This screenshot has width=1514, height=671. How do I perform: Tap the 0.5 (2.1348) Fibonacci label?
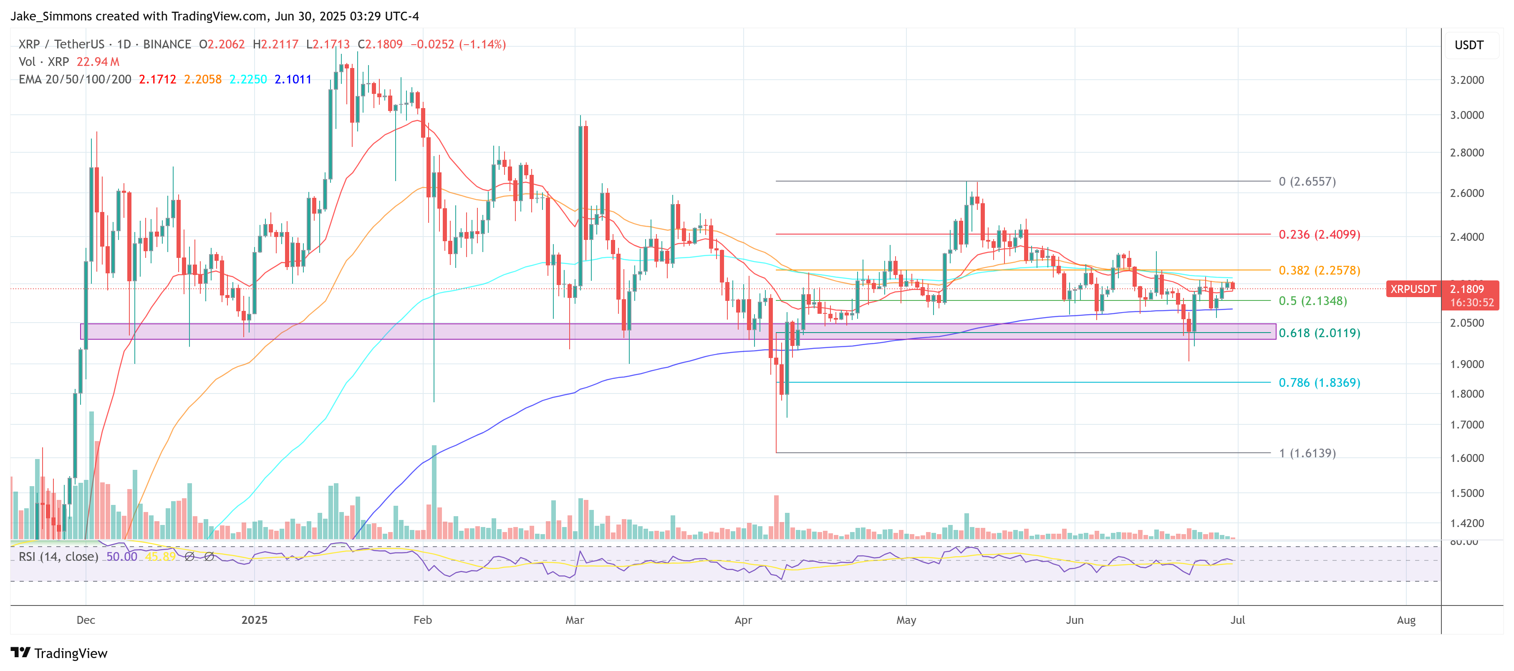click(x=1312, y=301)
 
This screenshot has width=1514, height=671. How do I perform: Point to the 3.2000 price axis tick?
click(x=1466, y=80)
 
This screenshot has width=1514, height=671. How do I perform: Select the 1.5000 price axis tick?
click(x=1466, y=493)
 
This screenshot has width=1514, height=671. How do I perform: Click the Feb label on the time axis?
click(x=423, y=620)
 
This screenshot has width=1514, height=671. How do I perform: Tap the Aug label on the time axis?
click(x=1406, y=620)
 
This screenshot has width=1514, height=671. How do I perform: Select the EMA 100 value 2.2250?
click(x=247, y=79)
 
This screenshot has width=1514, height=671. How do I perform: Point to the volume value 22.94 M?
click(x=98, y=62)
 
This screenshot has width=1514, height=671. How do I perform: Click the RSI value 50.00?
click(x=122, y=556)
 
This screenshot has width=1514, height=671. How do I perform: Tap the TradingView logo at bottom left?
click(x=59, y=653)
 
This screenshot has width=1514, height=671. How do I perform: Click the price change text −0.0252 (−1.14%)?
click(x=459, y=44)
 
